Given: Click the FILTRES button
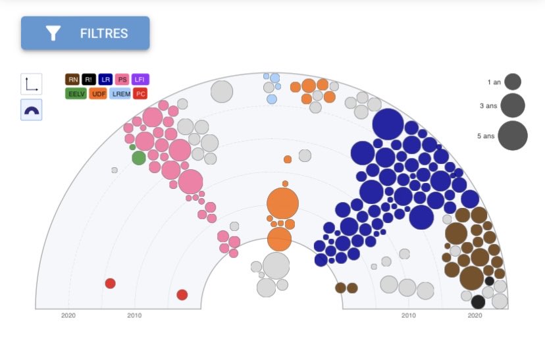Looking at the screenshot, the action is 85,33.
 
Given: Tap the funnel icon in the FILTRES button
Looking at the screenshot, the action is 53,34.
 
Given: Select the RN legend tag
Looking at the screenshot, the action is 72,79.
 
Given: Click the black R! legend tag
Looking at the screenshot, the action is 89,79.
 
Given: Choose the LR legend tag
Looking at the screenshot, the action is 105,79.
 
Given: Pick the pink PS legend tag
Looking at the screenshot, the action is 122,79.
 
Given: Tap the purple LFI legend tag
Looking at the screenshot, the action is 140,79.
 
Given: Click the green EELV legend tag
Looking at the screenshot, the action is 76,93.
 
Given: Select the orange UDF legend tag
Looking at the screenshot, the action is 98,93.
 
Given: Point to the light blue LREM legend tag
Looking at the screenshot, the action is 120,93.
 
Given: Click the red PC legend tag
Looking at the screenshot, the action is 140,93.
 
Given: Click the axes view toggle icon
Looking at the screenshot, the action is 32,84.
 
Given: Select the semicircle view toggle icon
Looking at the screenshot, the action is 32,110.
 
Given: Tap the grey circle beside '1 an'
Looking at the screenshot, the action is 513,82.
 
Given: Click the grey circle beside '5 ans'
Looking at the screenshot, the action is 513,136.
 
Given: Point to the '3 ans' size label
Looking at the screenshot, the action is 488,106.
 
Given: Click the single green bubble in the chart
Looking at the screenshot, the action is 139,158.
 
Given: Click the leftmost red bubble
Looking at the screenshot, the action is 110,284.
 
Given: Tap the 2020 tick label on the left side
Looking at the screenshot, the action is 68,315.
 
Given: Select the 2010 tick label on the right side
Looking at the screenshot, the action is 408,315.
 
